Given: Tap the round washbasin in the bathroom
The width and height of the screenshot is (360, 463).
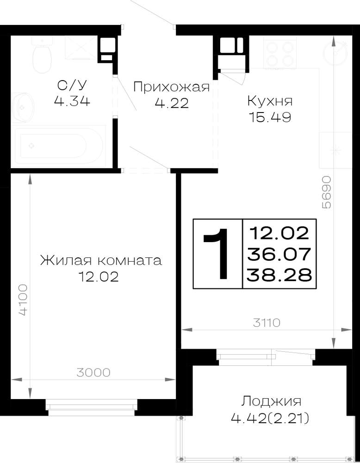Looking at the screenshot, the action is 23,107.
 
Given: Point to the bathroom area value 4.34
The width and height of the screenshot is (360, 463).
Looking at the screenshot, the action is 72,101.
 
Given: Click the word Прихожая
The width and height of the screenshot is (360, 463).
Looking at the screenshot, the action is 171,87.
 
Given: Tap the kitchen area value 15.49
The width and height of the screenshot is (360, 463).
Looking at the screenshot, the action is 270,117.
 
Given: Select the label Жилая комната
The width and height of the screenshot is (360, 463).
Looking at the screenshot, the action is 101,261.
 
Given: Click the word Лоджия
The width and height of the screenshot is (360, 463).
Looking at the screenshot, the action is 271,401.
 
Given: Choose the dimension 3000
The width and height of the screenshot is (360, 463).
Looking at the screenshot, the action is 93,373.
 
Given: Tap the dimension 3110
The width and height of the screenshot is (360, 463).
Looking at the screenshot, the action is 267,323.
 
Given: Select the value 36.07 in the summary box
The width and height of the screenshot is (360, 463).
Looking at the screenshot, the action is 279,254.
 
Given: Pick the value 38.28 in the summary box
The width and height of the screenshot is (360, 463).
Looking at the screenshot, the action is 279,275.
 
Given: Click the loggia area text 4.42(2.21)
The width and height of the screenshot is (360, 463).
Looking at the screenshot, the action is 270,418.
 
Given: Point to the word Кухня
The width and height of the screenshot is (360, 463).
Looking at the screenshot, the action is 270,101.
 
